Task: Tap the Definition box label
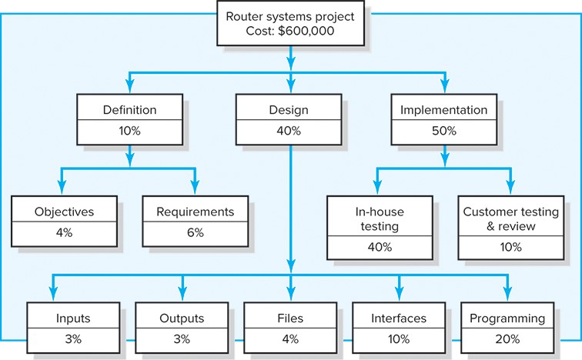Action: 129,110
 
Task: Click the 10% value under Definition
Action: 129,131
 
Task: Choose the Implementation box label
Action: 444,110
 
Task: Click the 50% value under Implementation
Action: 444,131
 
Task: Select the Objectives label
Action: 65,211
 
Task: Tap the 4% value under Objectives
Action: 65,232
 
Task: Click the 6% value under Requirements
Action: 195,232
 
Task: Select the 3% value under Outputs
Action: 182,338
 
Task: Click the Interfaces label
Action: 399,318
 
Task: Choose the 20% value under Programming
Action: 507,338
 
